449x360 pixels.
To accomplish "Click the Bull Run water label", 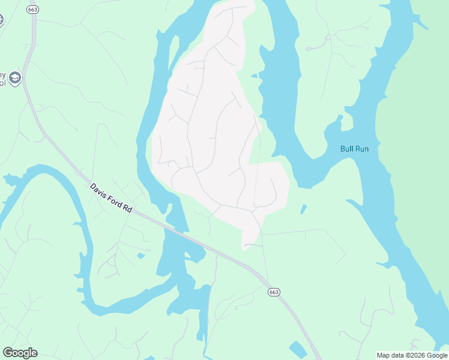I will (x=354, y=148).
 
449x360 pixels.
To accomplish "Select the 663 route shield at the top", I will (x=32, y=10).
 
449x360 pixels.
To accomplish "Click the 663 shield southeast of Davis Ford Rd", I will (x=274, y=292).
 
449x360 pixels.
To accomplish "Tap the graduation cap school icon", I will (x=15, y=77).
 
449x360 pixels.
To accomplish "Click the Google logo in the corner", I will (x=20, y=353).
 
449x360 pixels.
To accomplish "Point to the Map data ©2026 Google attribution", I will (x=412, y=355).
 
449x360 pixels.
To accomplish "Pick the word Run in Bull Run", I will (x=361, y=148).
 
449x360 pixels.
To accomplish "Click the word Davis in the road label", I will (x=98, y=190).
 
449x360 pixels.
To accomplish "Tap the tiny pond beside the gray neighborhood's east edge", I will (x=255, y=76).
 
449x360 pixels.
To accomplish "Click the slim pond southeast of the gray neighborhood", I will (x=303, y=209).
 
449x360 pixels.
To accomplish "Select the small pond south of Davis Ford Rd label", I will (x=140, y=256).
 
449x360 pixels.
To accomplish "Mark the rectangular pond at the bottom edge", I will (x=298, y=349).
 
